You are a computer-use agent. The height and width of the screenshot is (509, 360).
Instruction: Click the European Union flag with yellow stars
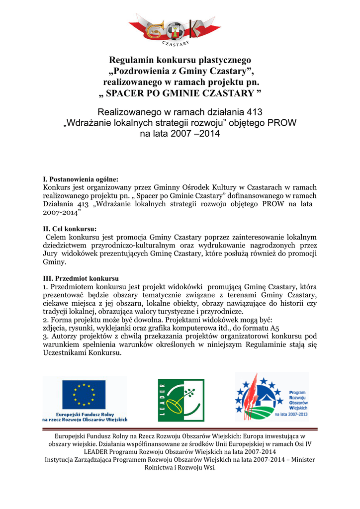[x=84, y=395]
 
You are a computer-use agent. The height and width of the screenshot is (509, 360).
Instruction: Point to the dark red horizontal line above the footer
[x=180, y=428]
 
